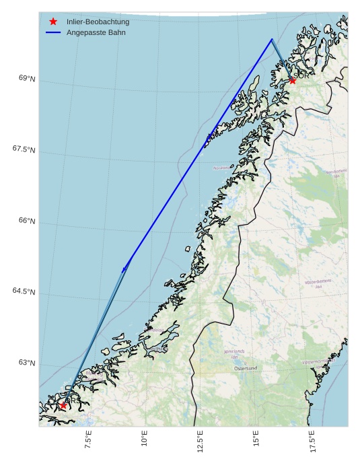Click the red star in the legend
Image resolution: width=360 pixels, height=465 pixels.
(53, 22)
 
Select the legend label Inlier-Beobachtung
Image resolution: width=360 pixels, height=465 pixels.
(98, 22)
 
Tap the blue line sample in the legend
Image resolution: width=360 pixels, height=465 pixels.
(53, 32)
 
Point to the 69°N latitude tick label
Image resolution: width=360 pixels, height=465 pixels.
(27, 79)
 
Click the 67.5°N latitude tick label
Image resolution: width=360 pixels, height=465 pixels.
(24, 149)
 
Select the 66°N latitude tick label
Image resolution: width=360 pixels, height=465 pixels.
(27, 221)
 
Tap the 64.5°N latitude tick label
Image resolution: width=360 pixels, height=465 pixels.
(24, 291)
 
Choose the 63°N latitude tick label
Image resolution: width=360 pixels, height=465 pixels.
(27, 363)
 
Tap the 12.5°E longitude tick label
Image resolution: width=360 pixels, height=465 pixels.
(201, 440)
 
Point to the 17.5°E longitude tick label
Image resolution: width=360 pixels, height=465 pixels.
(312, 440)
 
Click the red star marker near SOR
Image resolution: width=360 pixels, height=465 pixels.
(292, 81)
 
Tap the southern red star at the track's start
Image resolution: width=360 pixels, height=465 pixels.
(63, 405)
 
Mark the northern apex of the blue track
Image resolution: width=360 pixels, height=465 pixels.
(272, 39)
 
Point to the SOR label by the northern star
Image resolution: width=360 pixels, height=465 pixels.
(302, 76)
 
